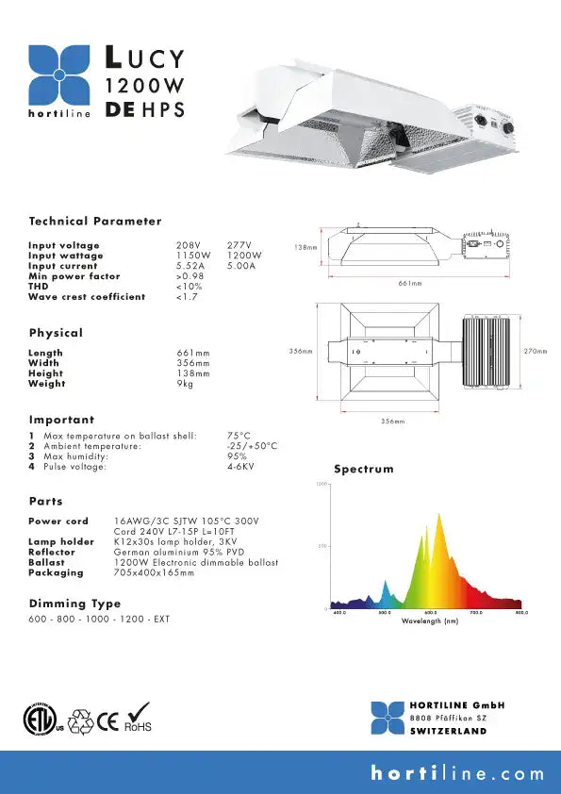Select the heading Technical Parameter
click(95, 222)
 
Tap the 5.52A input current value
click(190, 267)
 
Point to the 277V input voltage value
click(239, 246)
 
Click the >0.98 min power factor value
click(190, 276)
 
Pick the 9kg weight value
click(185, 384)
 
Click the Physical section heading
click(56, 333)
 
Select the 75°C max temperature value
click(239, 436)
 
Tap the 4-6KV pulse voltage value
click(240, 467)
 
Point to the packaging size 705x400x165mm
click(155, 572)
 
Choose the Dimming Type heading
click(74, 604)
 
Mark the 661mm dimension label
click(409, 283)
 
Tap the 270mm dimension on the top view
click(536, 351)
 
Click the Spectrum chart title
click(364, 469)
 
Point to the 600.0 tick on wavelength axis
click(430, 613)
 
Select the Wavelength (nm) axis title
click(430, 620)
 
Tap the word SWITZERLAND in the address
click(449, 732)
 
